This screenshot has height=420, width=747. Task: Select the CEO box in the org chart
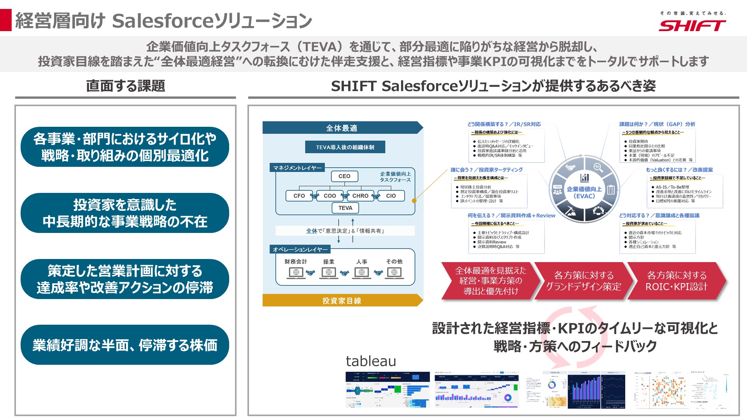pos(344,176)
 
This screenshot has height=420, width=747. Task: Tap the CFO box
pos(299,196)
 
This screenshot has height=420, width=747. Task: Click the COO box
pos(330,196)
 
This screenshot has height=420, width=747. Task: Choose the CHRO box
pos(360,196)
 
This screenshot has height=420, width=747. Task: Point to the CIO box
pos(391,196)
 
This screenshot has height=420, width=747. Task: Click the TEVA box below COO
pos(345,208)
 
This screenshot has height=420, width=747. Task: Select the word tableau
pos(371,361)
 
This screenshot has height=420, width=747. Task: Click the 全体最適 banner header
pos(342,128)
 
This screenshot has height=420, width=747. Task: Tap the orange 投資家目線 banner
pos(342,301)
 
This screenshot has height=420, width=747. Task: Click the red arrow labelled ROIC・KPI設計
pos(676,281)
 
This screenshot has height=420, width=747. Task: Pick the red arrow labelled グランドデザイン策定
pos(583,281)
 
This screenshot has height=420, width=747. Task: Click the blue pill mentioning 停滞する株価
pos(125,345)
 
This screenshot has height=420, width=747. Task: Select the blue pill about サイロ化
pos(125,147)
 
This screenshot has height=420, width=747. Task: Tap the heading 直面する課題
pos(125,86)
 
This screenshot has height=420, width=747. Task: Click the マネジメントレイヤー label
pos(298,168)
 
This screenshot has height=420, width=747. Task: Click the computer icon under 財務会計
pos(296,273)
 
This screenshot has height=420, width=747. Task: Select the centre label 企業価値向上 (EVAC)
pos(584,192)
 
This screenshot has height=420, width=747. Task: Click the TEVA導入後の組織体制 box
pos(345,147)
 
